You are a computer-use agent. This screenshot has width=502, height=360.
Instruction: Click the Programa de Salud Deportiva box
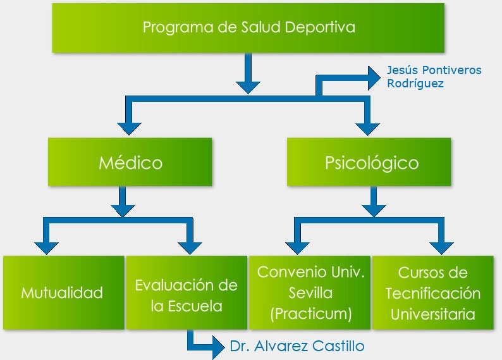(x=248, y=28)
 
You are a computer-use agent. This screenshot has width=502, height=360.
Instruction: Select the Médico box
(x=130, y=163)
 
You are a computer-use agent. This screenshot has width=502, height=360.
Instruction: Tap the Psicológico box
(x=371, y=163)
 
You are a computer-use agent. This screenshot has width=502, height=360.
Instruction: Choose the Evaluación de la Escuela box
(x=186, y=293)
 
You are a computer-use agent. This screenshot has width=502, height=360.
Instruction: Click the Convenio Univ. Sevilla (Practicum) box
(x=310, y=293)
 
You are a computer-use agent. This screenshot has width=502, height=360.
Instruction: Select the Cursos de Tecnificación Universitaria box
(x=433, y=293)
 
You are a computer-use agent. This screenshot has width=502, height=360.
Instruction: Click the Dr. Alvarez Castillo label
(x=297, y=346)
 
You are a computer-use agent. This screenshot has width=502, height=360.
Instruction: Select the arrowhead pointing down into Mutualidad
(x=46, y=246)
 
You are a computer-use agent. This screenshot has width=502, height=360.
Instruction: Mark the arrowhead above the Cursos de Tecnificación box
(x=441, y=246)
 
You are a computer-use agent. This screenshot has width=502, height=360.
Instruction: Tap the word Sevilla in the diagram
(x=310, y=294)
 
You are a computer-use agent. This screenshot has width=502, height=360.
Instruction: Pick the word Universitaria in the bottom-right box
(x=433, y=314)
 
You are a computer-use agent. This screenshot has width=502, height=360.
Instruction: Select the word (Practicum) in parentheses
(x=310, y=314)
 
